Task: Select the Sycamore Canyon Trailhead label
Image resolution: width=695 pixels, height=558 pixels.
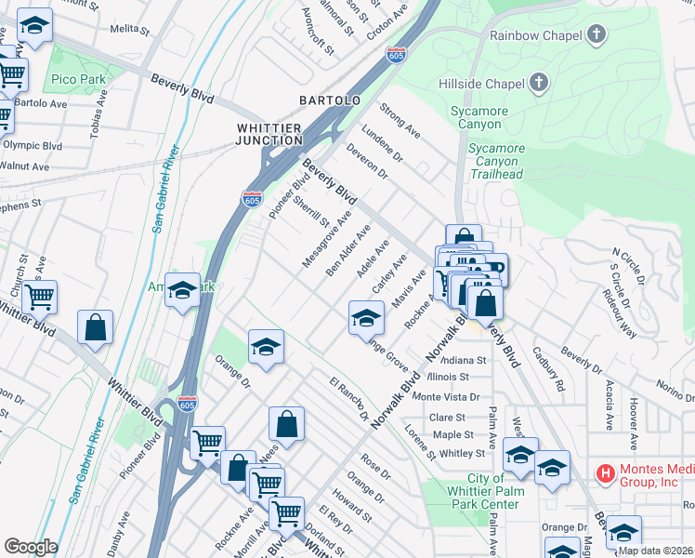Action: (496, 161)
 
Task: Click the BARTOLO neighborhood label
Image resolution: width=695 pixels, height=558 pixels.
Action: (329, 100)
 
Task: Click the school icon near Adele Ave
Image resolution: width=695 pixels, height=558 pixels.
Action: (366, 319)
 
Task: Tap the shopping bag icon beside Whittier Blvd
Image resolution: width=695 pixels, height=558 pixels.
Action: (95, 328)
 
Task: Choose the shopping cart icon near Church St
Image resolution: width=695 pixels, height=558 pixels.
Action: (39, 298)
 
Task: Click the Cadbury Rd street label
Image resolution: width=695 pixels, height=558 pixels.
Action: (548, 368)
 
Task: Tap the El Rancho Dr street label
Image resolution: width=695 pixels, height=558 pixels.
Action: (349, 398)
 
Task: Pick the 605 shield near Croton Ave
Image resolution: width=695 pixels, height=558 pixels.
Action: (396, 55)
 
